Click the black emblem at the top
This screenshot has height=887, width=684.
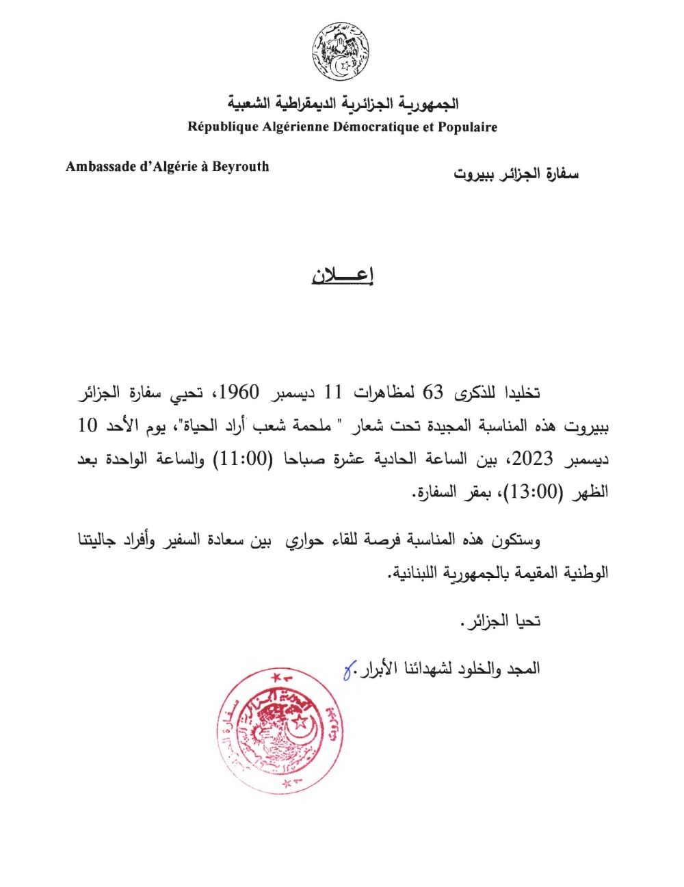pos(341,51)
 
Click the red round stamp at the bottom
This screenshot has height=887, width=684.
pos(279,731)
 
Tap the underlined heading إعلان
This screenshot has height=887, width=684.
pos(342,275)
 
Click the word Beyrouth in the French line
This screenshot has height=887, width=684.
pos(240,167)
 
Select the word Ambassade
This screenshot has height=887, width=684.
pos(99,167)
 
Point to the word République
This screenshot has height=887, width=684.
pos(223,127)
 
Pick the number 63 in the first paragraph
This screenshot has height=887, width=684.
pos(433,393)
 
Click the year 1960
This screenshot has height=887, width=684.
pos(239,393)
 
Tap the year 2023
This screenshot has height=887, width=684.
pos(532,459)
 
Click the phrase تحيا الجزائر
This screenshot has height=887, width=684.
pos(501,622)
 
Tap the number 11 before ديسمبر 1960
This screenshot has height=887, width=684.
pos(332,393)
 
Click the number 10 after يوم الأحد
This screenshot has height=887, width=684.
pos(88,425)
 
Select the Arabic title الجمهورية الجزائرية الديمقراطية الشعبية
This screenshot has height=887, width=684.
pos(343,104)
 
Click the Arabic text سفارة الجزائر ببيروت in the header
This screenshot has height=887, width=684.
pos(516,174)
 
